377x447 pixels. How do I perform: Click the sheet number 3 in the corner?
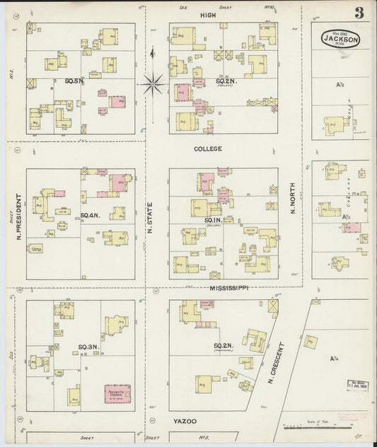(360, 12)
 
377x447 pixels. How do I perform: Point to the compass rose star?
(153, 84)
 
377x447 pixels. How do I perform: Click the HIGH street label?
(208, 15)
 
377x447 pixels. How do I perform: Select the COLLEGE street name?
(208, 149)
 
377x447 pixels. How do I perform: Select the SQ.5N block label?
(74, 81)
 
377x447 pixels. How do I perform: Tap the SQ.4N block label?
(88, 215)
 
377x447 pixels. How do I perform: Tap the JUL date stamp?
(358, 385)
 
